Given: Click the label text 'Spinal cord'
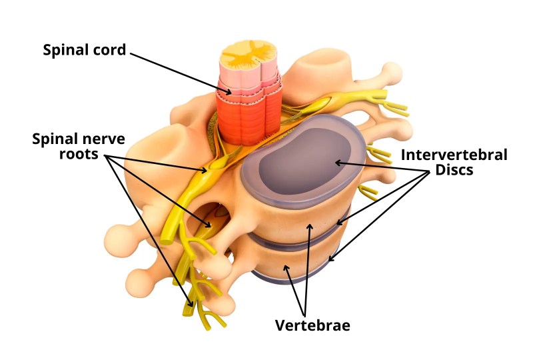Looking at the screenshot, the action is (x=85, y=50).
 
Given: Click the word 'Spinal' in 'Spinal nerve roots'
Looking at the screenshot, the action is (x=55, y=139).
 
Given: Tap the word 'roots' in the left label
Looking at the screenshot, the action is (x=79, y=154).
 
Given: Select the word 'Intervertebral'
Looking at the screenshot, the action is (x=454, y=155).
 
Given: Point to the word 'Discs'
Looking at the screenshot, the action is (x=454, y=170).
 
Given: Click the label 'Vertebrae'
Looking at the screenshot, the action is (x=312, y=325).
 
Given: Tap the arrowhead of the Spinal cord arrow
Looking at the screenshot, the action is (x=228, y=91).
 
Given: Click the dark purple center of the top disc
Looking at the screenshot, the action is (x=304, y=161).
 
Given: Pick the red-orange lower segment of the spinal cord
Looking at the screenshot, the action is (x=250, y=121).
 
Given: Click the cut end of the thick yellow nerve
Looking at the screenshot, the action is (x=167, y=241).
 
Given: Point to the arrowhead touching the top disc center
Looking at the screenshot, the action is (x=339, y=163).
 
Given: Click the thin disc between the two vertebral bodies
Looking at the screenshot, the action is (x=299, y=238).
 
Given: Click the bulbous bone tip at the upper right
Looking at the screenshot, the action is (x=392, y=73).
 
